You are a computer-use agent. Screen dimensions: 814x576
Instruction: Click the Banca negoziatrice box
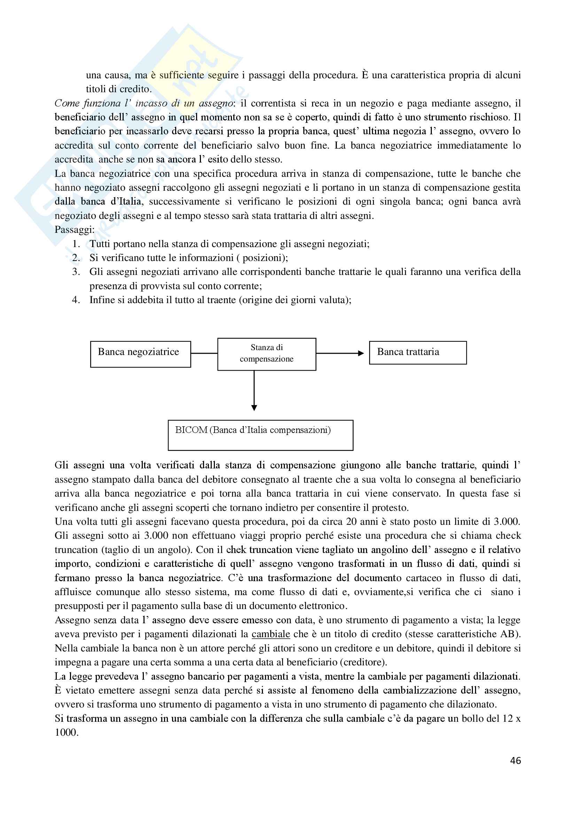140,354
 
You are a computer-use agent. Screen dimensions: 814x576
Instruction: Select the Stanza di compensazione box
266,354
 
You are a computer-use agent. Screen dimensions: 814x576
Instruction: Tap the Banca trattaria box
418,353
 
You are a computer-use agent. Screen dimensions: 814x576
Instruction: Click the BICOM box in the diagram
260,435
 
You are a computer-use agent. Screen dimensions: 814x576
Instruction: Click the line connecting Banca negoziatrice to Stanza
204,353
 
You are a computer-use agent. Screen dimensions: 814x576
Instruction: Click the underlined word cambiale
271,634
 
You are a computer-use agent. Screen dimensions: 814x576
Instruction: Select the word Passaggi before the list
74,230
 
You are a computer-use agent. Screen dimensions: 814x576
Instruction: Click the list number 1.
76,244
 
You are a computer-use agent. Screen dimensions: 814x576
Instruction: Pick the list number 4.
76,300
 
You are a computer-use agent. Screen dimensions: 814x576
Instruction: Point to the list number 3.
76,272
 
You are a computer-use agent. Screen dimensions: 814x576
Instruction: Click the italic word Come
66,103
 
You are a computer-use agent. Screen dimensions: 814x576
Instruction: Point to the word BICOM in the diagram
191,430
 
